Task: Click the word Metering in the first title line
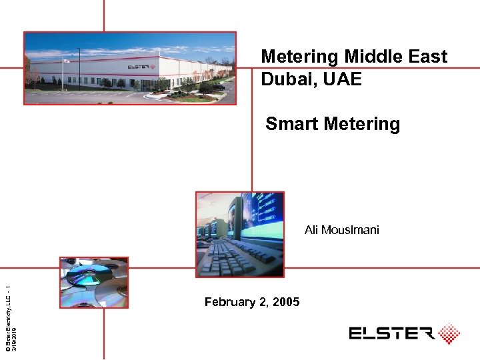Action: click(300, 57)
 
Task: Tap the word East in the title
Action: click(426, 57)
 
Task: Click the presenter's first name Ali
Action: click(312, 230)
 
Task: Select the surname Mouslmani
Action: click(351, 230)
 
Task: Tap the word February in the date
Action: click(229, 302)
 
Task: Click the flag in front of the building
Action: click(66, 62)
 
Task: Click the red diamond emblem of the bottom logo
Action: click(449, 333)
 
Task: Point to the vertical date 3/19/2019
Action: click(14, 333)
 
